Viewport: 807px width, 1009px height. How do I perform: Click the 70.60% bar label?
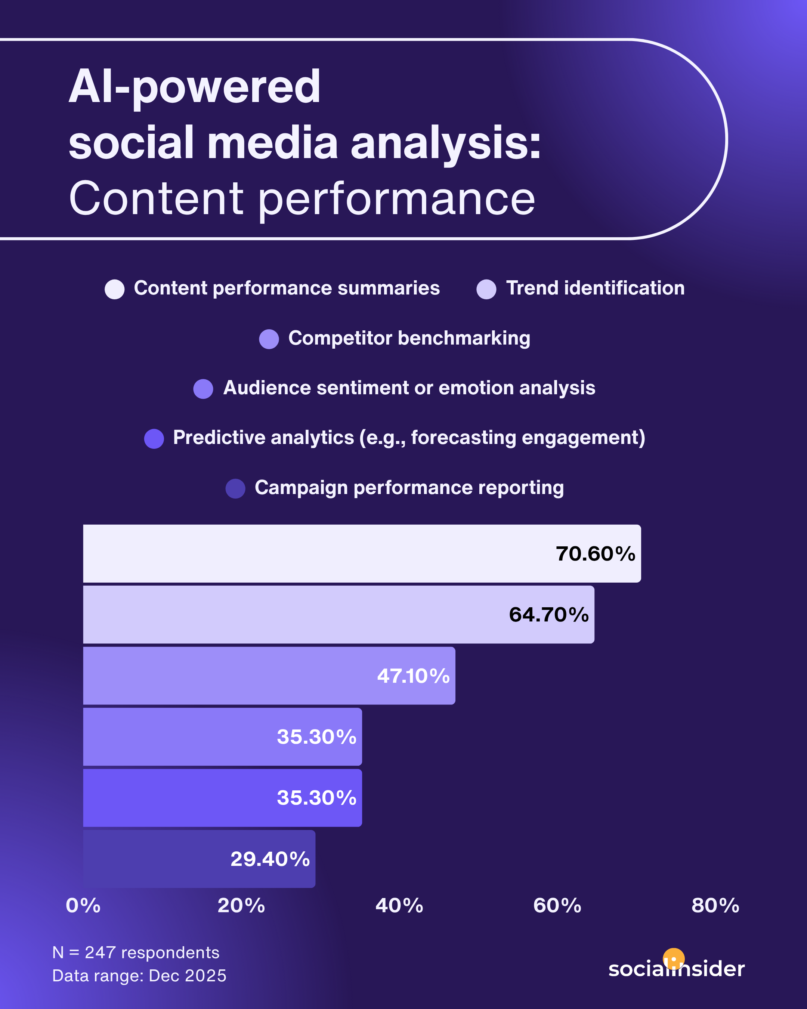pos(595,553)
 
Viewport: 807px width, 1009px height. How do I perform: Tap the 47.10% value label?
pos(413,676)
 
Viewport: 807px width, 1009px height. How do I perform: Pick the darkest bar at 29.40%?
pos(199,859)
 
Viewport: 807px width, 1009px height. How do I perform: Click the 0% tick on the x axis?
pos(83,905)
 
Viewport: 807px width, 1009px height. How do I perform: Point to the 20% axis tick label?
pos(241,905)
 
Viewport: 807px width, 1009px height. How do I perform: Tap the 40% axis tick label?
pos(399,905)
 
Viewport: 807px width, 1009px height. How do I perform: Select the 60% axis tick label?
pos(557,905)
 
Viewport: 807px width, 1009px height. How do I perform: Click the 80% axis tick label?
pos(715,905)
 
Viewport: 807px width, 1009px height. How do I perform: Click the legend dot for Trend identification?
pos(486,289)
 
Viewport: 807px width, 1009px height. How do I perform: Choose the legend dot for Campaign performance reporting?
pos(235,488)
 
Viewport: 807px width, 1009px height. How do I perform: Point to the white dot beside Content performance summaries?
pos(115,289)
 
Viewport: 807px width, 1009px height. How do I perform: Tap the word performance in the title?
pos(397,199)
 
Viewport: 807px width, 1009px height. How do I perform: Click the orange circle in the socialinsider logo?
pos(674,959)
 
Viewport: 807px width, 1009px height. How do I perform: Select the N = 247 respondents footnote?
pos(136,952)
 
